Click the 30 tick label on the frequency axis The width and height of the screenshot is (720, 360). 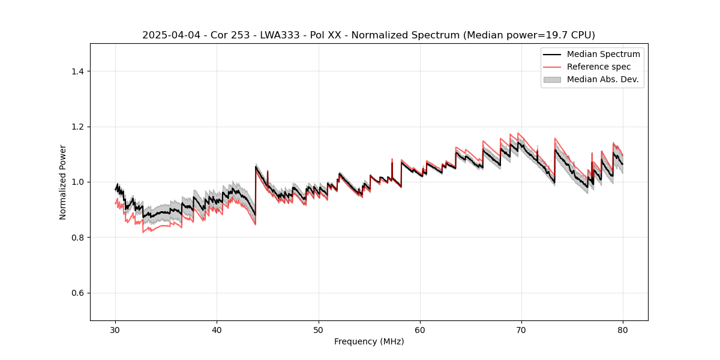[116, 329]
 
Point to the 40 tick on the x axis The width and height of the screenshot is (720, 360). [217, 329]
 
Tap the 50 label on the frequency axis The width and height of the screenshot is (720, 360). [319, 329]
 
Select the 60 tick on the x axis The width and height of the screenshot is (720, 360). [420, 329]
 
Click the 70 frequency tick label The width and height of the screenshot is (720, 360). [521, 329]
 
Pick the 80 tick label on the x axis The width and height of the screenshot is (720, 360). [623, 329]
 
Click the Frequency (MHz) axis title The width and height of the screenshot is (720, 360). [369, 341]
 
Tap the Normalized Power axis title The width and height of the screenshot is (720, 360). [63, 182]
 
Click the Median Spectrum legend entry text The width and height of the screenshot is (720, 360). [603, 54]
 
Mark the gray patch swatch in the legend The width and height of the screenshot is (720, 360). [552, 79]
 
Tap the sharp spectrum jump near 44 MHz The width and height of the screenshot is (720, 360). [256, 192]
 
